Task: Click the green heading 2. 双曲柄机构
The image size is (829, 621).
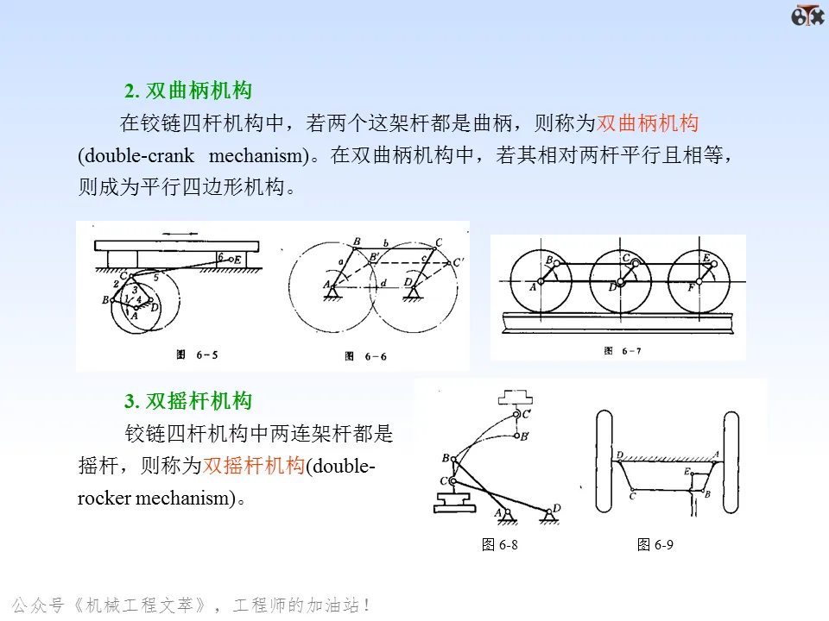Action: coord(188,91)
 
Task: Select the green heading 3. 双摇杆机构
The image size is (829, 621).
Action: coord(188,401)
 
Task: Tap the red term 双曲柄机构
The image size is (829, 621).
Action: coord(648,123)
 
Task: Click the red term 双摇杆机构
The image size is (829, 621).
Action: coord(254,467)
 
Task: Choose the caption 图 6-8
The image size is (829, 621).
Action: coord(500,544)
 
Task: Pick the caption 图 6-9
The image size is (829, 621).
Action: coord(655,544)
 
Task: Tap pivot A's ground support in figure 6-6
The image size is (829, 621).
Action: coord(331,293)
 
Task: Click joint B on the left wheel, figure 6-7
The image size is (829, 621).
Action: coord(557,263)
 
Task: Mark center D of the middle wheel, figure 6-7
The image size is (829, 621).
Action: coord(620,281)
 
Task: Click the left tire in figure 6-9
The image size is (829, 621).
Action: coord(604,461)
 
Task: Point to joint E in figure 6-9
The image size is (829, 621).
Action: coord(693,473)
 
